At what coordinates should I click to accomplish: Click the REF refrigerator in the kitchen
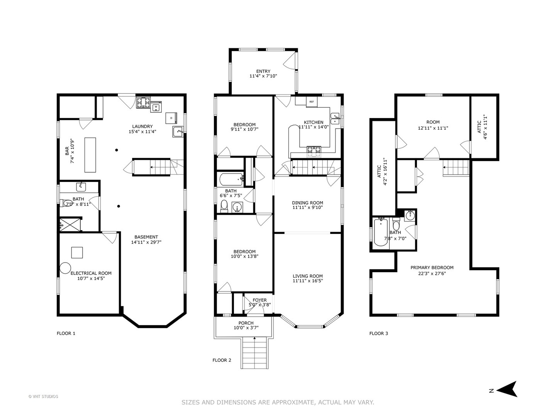(x=312, y=102)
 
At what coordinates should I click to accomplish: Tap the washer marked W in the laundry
(x=156, y=107)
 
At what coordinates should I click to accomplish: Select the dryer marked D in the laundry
(x=171, y=118)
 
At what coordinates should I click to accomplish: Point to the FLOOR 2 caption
(x=222, y=360)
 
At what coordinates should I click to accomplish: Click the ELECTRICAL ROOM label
(x=91, y=273)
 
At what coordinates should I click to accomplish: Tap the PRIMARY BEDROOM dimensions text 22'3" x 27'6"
(x=432, y=273)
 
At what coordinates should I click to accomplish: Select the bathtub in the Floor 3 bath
(x=381, y=232)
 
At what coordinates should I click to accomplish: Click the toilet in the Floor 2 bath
(x=224, y=206)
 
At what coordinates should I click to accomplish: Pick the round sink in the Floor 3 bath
(x=410, y=216)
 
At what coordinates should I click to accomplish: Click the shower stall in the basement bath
(x=70, y=224)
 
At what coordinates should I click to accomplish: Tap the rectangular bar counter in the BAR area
(x=90, y=155)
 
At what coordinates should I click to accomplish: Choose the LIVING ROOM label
(x=308, y=276)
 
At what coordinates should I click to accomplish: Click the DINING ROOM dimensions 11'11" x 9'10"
(x=307, y=207)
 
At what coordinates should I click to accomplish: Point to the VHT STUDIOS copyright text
(x=43, y=397)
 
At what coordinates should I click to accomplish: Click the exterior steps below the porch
(x=254, y=353)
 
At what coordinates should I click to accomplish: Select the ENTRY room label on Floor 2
(x=263, y=71)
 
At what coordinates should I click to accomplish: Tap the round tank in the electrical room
(x=65, y=268)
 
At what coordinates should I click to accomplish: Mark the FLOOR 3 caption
(x=378, y=334)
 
